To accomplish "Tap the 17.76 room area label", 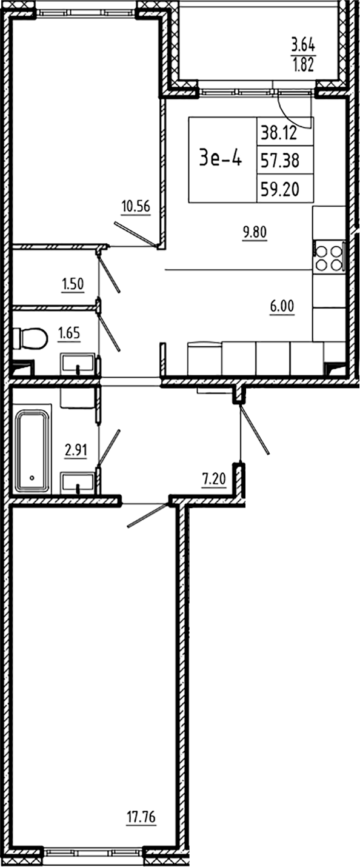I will tap(141, 817).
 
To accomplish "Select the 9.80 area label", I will tap(255, 231).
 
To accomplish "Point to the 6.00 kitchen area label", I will tap(282, 307).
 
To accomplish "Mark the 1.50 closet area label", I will tap(72, 283).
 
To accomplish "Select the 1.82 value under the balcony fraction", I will tap(303, 65).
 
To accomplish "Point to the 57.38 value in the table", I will tap(285, 160).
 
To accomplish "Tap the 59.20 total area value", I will tap(285, 189).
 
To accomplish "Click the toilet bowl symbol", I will tap(30, 338).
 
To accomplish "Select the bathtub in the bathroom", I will tap(33, 451).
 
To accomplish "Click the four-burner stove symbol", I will tap(328, 258).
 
